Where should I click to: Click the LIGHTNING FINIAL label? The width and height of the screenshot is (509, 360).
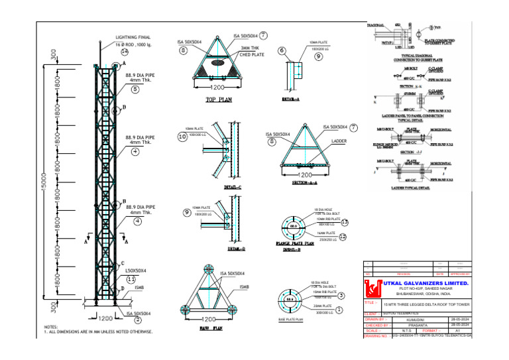pyautogui.click(x=136, y=38)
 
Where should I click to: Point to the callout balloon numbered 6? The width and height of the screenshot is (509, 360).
pyautogui.click(x=282, y=50)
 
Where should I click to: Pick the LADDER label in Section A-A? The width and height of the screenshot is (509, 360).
pyautogui.click(x=339, y=141)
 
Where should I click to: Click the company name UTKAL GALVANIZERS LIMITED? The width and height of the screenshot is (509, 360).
pyautogui.click(x=424, y=283)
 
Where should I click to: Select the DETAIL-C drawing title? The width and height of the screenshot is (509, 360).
pyautogui.click(x=232, y=188)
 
